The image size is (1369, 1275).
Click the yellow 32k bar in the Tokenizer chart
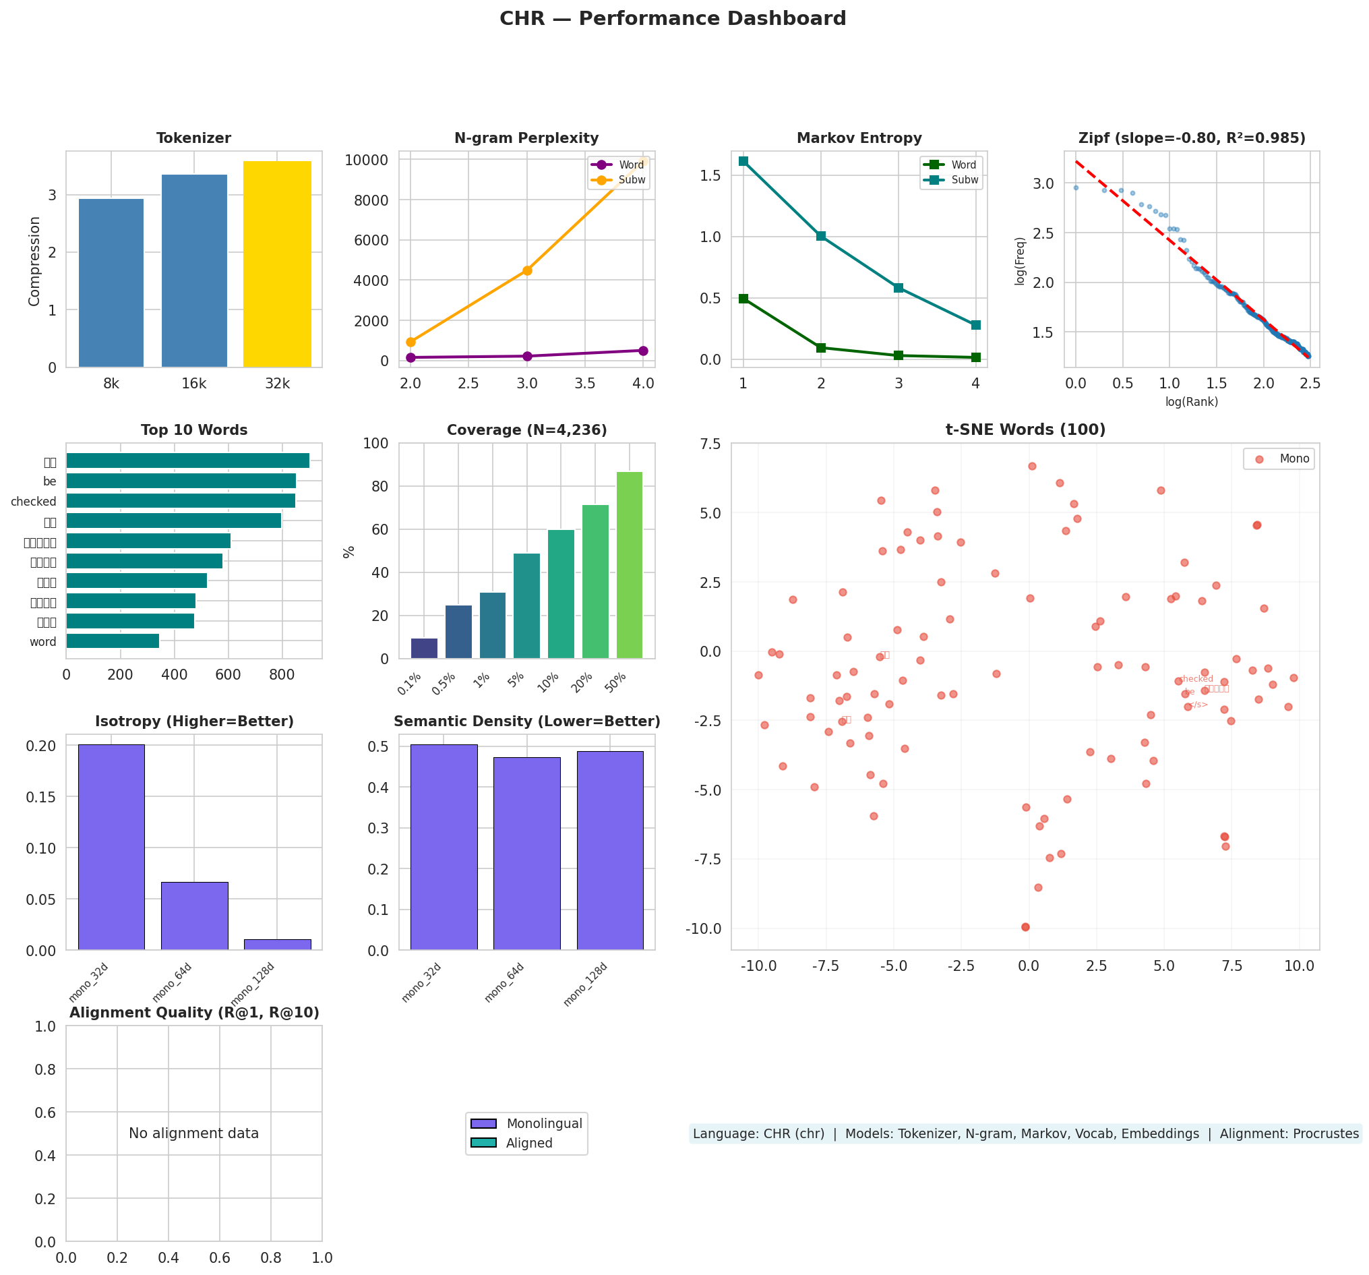[x=277, y=264]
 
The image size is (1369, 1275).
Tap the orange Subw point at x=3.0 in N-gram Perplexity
[x=527, y=270]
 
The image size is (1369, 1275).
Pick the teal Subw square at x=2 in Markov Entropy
[x=821, y=236]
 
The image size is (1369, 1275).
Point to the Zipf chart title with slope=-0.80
[x=1191, y=138]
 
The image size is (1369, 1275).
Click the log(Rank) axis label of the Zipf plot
[x=1191, y=402]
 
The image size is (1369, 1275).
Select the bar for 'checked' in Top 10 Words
[x=181, y=501]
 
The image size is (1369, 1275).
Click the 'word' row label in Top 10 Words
[x=42, y=642]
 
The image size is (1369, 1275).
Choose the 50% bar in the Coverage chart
[x=630, y=565]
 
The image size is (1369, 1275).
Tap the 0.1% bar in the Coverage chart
[x=424, y=648]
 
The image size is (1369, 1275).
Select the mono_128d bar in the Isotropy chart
[x=277, y=945]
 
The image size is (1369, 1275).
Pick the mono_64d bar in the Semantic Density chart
[x=527, y=854]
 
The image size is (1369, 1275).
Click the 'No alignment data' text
[x=193, y=1133]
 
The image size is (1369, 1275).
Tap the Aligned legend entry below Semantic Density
[x=529, y=1143]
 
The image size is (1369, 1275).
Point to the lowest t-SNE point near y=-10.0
[x=1025, y=927]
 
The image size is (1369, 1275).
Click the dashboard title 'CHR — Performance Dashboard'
[x=673, y=19]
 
